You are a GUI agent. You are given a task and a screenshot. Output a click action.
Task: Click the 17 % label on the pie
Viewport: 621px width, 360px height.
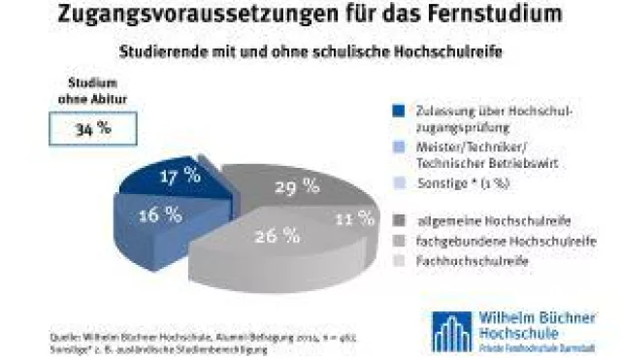click(x=180, y=176)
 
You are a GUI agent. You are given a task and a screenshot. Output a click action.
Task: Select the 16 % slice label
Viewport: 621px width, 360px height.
click(x=159, y=215)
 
